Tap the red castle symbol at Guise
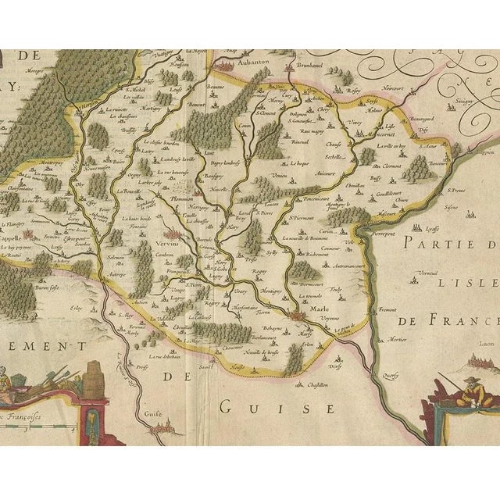point(166,427)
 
